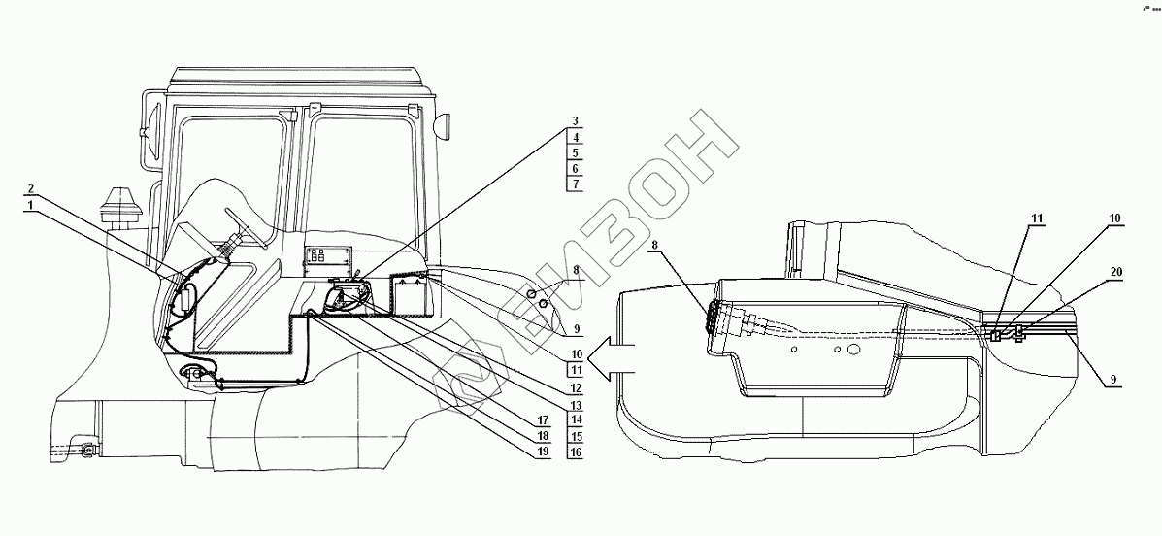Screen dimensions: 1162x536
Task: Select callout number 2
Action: click(32, 187)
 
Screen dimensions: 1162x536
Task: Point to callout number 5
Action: click(576, 153)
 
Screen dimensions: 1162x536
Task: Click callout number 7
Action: click(576, 184)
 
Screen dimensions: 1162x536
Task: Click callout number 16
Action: click(576, 452)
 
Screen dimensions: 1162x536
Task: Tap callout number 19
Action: click(546, 452)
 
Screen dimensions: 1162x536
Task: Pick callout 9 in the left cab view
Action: click(576, 327)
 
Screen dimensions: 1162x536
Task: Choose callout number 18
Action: click(546, 437)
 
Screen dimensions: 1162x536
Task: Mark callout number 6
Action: click(576, 168)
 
